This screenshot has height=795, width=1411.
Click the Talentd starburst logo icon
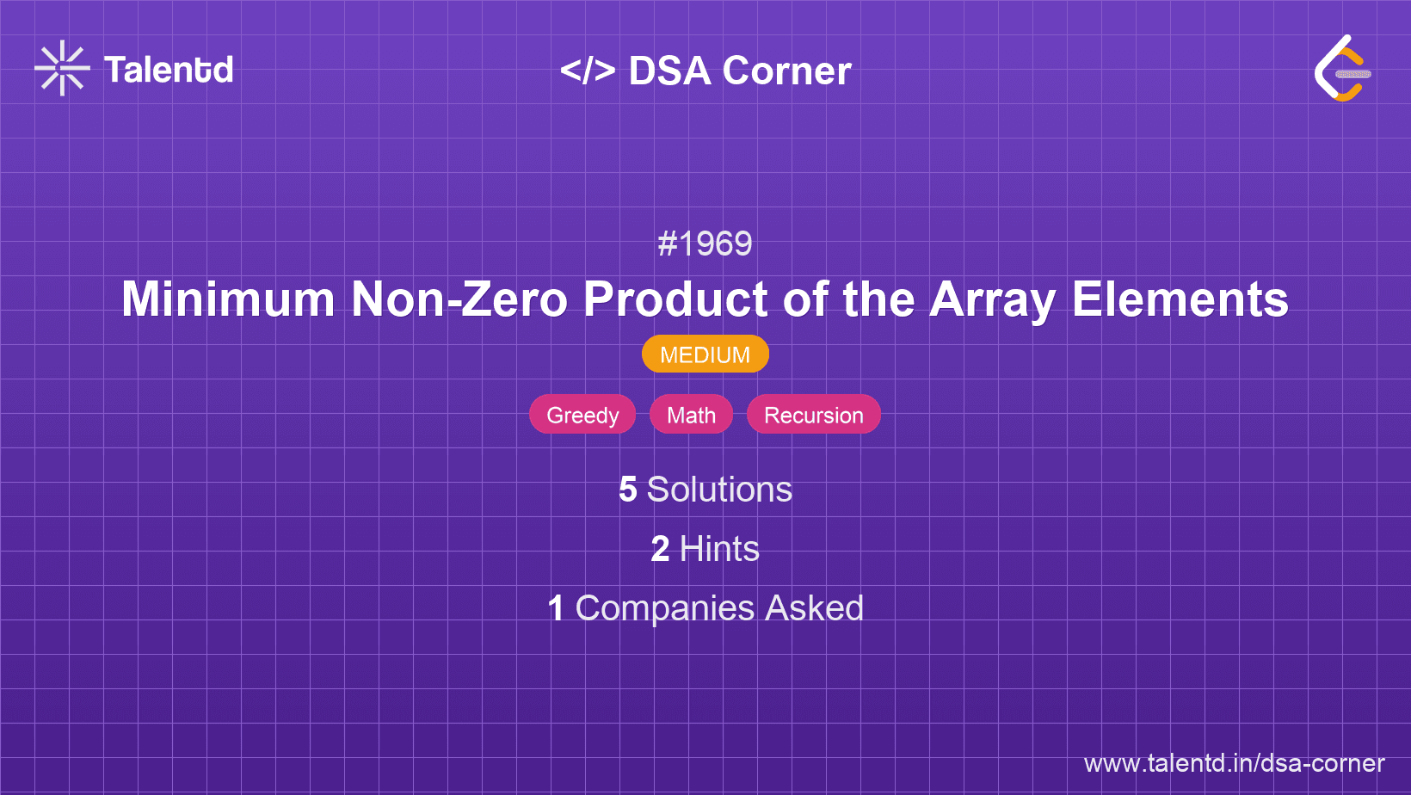(62, 69)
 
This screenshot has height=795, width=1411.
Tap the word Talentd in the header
(169, 70)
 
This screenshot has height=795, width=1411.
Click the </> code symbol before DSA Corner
(588, 71)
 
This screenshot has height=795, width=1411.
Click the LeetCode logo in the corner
(1342, 69)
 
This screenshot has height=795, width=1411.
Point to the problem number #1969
(705, 244)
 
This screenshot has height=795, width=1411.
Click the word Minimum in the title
(228, 299)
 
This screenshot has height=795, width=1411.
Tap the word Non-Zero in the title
(459, 299)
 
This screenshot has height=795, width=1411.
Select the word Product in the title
(675, 299)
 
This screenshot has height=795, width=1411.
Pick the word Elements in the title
(1180, 299)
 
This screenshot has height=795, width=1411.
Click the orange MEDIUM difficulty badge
(705, 354)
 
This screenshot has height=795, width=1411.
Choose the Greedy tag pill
(582, 415)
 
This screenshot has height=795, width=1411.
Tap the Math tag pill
(691, 415)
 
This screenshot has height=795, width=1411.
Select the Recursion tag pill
(813, 415)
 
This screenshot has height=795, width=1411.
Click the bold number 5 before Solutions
(628, 490)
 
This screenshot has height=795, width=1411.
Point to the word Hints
(719, 549)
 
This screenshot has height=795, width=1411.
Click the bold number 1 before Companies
(556, 608)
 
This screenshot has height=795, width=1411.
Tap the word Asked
(814, 608)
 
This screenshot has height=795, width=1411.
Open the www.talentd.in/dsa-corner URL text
(1234, 763)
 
